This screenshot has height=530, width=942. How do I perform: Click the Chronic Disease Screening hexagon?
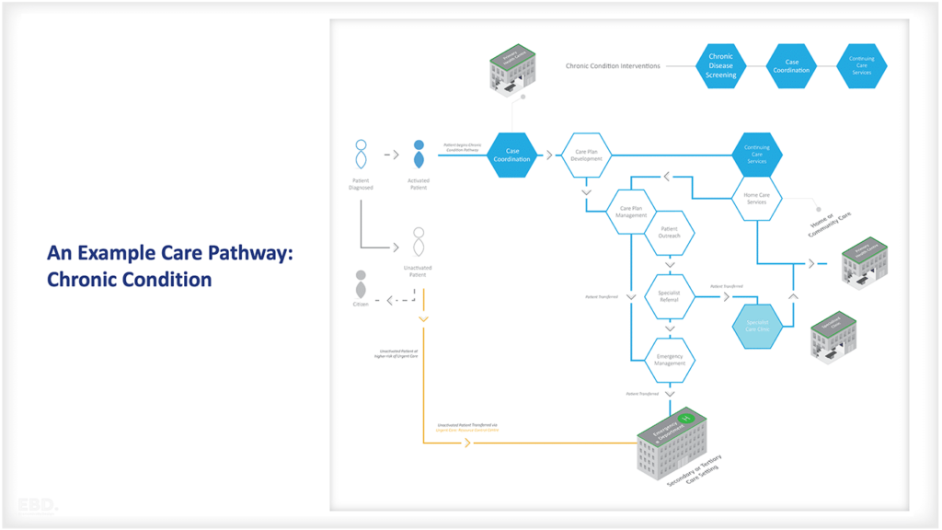click(721, 66)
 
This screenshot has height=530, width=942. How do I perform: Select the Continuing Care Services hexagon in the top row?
click(862, 66)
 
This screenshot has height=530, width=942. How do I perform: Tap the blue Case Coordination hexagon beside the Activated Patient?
click(512, 155)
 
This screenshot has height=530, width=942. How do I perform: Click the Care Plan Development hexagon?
click(587, 155)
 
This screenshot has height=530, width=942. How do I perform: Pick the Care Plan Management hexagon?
click(631, 212)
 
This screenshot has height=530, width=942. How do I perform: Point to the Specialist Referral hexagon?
click(670, 295)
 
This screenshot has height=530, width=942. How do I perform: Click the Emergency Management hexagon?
click(670, 359)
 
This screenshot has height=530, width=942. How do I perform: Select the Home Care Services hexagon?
click(757, 198)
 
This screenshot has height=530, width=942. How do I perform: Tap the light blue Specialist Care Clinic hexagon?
click(757, 326)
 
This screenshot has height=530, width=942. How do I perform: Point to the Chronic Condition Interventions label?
click(613, 66)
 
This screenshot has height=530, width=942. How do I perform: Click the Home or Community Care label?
click(830, 225)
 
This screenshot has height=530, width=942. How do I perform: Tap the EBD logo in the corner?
click(38, 504)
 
